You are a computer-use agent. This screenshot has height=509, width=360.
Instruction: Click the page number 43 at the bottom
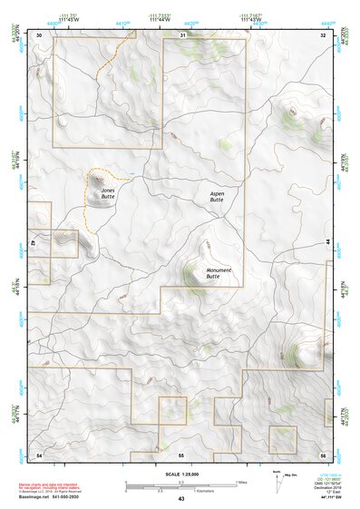point(181,499)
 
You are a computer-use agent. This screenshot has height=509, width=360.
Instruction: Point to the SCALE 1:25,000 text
point(180,475)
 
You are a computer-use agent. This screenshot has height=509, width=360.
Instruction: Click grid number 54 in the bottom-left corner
point(39,454)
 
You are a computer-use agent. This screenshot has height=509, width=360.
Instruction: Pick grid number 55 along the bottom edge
point(181,454)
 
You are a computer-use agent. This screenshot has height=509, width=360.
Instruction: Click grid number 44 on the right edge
point(326,243)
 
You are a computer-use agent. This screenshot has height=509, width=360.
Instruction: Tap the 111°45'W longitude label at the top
point(64,18)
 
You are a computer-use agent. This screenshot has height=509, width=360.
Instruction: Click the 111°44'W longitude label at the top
point(161,18)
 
